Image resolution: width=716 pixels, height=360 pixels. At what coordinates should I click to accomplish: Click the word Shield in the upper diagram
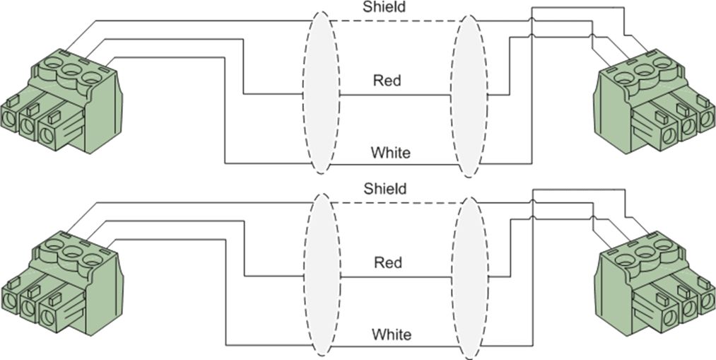[x=384, y=7]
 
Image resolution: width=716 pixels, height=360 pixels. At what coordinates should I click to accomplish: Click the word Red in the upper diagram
[x=387, y=81]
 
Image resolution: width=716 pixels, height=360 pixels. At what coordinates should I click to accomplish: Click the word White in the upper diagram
[x=390, y=152]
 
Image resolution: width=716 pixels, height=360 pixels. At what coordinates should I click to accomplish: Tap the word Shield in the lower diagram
[x=385, y=188]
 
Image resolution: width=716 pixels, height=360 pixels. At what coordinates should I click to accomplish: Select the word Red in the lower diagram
[x=387, y=262]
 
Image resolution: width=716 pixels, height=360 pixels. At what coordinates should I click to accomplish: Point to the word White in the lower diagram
[x=392, y=335]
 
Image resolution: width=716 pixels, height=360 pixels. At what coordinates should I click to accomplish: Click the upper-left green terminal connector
[x=61, y=101]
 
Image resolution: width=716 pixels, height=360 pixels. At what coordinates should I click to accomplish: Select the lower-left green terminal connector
[x=61, y=284]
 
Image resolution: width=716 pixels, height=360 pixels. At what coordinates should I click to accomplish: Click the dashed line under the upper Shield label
[x=395, y=21]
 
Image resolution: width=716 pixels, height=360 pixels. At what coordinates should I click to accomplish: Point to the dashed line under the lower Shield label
[x=395, y=203]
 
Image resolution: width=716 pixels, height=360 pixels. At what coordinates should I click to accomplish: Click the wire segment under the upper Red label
[x=395, y=95]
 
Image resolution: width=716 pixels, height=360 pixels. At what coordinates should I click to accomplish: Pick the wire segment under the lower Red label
[x=396, y=277]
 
